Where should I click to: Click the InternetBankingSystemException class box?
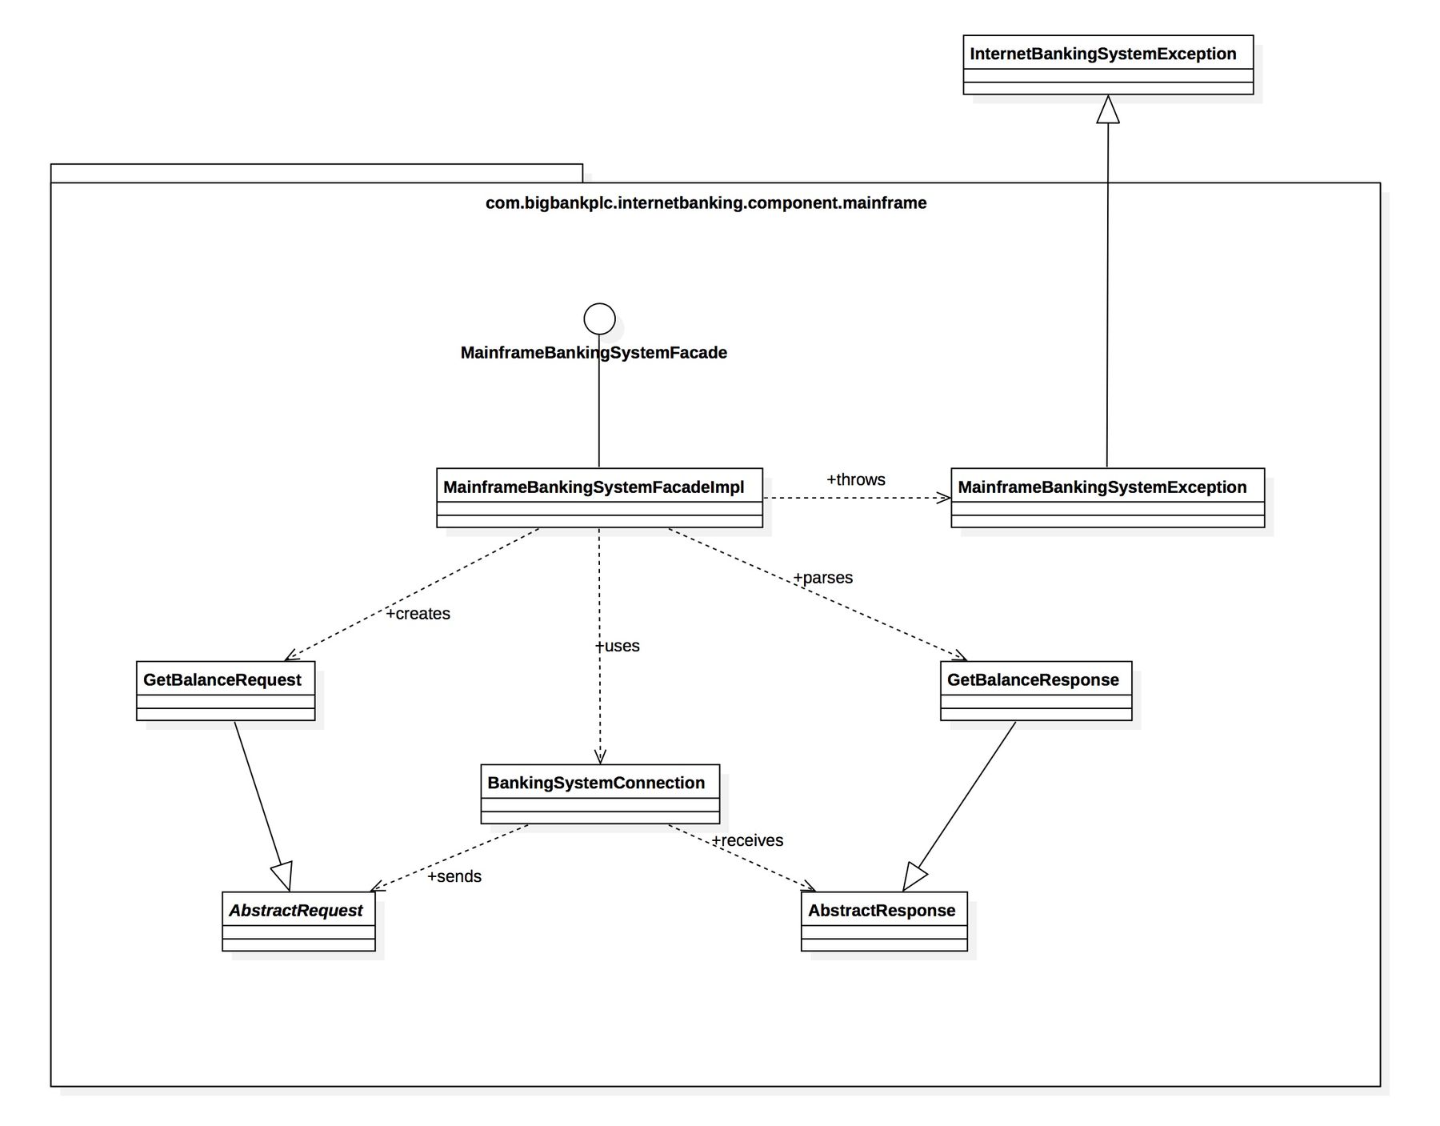click(1107, 65)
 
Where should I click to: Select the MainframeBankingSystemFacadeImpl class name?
click(593, 487)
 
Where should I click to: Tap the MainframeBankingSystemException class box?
click(1107, 498)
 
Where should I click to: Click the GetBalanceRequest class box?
click(225, 691)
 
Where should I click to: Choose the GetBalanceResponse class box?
click(1035, 691)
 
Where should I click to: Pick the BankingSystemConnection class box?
click(599, 794)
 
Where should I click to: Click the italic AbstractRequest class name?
click(295, 911)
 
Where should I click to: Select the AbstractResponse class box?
click(883, 921)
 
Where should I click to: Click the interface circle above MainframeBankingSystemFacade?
click(599, 319)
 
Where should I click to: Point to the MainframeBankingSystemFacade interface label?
click(594, 353)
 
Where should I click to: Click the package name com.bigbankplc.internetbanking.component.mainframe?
click(706, 203)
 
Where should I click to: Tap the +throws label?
click(855, 479)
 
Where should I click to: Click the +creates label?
click(418, 614)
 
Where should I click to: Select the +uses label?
click(617, 646)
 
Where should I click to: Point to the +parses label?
click(822, 578)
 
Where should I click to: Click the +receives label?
click(747, 840)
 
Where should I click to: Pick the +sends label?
click(454, 876)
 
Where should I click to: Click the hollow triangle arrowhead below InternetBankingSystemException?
click(1107, 110)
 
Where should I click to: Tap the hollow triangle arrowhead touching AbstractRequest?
click(283, 876)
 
